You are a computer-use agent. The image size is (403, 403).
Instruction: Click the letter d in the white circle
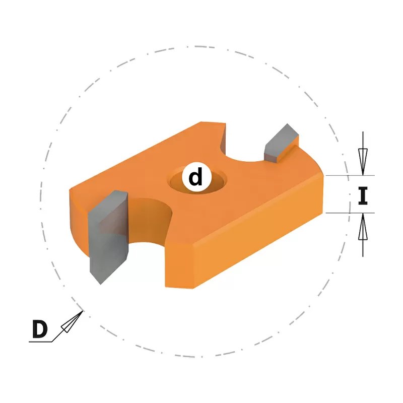click(195, 177)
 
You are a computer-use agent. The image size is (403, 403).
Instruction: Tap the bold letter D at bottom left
click(40, 329)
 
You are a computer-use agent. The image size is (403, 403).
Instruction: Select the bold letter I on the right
click(363, 196)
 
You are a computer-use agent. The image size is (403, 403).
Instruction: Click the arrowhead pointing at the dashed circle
click(73, 321)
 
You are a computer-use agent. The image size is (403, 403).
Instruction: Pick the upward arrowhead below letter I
click(363, 227)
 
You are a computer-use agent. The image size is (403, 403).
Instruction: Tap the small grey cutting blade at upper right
click(281, 143)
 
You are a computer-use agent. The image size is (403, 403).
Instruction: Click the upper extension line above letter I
click(350, 175)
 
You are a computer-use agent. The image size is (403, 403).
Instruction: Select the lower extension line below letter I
click(350, 213)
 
